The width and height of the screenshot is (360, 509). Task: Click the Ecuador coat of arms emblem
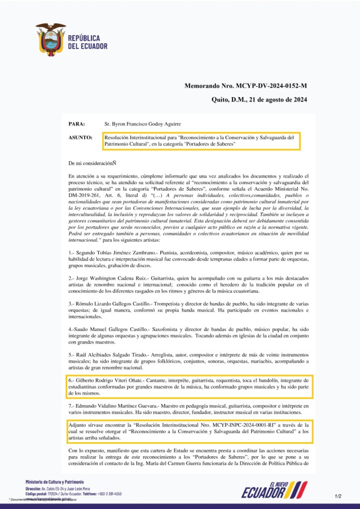click(50, 39)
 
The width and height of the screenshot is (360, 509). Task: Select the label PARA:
click(76, 123)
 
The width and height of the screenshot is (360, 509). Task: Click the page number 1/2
click(338, 496)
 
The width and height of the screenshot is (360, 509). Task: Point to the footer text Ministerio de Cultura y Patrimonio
click(55, 482)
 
